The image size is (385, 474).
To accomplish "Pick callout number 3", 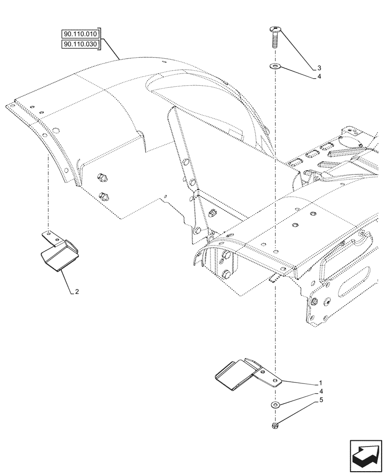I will pos(320,67).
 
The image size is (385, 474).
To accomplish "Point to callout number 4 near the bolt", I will pos(320,77).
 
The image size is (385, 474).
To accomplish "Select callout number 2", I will pos(76,292).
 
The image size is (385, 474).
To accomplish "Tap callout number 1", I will pos(321,383).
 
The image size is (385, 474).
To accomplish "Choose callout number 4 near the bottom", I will pos(321,392).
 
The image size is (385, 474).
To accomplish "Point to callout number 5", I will pos(321,400).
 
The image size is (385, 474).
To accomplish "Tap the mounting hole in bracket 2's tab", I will pos(48,233).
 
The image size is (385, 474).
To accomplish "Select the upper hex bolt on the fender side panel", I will pos(101,178).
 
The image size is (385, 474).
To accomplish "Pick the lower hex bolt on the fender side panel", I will pos(104,195).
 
